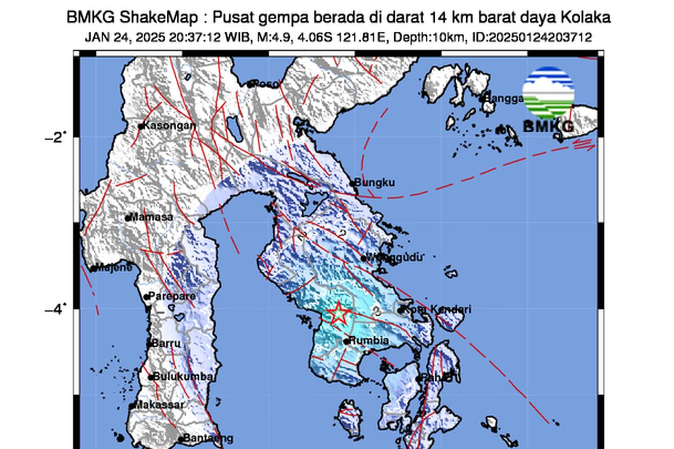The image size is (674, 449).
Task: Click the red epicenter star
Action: tap(338, 313)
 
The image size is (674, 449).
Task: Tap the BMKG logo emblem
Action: tap(548, 92)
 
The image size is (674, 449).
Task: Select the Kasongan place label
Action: tap(170, 126)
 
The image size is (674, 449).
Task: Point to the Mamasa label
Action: tap(149, 217)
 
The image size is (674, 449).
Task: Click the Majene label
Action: tap(115, 268)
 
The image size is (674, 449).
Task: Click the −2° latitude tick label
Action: tap(55, 136)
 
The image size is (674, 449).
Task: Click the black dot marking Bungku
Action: tap(353, 183)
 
